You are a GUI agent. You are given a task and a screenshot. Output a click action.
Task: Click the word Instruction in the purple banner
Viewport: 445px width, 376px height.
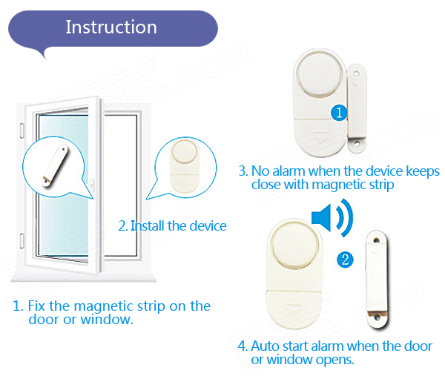pos(111,27)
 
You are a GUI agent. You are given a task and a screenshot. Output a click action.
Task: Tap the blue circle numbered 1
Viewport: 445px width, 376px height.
pos(339,113)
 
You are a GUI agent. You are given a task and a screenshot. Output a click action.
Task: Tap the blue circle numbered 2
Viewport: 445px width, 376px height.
pos(345,260)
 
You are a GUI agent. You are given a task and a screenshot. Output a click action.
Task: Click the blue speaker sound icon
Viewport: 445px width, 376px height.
pos(332,217)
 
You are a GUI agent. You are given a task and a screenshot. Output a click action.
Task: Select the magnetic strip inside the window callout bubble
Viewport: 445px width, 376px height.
pos(55,165)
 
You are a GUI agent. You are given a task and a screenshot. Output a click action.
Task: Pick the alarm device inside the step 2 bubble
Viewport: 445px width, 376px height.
pos(185,165)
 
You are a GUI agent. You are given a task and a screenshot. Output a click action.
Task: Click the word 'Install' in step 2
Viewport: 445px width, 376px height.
pos(148,226)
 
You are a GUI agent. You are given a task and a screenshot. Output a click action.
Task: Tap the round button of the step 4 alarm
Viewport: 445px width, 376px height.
pos(295,245)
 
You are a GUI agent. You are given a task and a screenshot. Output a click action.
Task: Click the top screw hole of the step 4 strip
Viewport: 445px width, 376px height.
pos(376,240)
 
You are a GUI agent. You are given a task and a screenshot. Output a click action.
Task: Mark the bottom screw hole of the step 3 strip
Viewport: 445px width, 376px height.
pos(357,144)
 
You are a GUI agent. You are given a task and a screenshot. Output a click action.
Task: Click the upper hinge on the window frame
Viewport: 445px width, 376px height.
pos(22,131)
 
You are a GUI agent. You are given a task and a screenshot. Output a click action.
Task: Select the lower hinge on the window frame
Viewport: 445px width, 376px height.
pos(22,240)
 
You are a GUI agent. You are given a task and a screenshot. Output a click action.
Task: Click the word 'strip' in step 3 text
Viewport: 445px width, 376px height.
pos(381,185)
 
